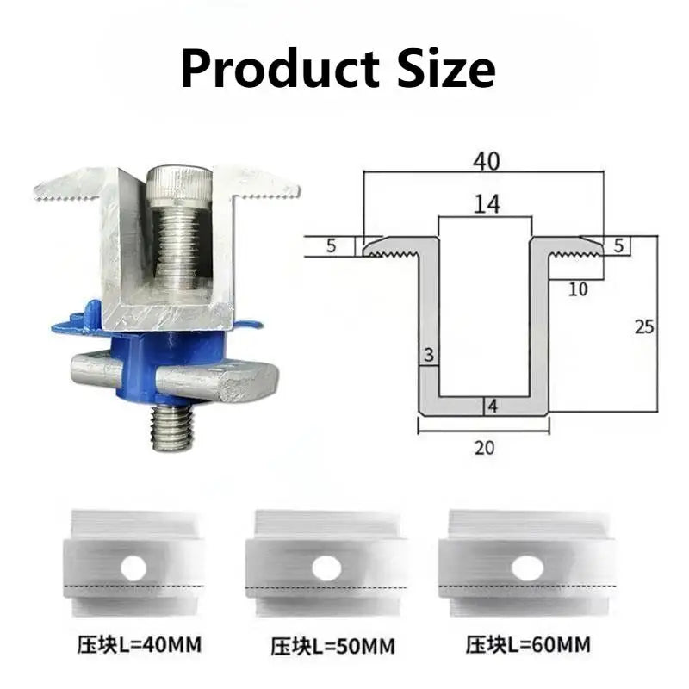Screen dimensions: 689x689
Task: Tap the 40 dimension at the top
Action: click(485, 161)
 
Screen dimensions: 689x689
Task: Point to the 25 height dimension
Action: click(644, 326)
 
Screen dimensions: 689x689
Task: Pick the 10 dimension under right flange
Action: click(578, 289)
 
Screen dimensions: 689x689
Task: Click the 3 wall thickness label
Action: click(427, 355)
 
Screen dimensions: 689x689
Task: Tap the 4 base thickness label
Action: click(492, 406)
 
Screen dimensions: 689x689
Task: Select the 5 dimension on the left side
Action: click(331, 246)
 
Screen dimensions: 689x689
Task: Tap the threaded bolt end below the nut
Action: click(174, 428)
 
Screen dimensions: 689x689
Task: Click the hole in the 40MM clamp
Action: click(133, 567)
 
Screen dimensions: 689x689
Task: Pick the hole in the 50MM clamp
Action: click(326, 568)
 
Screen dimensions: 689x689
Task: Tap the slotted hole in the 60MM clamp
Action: click(527, 568)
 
